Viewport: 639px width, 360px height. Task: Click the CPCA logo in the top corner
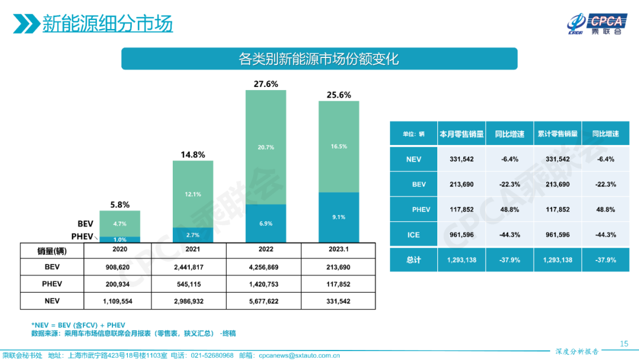coord(595,24)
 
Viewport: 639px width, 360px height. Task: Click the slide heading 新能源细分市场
coord(107,24)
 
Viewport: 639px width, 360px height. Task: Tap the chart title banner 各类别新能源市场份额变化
coord(319,59)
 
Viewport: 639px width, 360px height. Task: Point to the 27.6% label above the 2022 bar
coord(266,84)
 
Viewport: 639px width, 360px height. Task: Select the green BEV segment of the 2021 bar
coord(193,194)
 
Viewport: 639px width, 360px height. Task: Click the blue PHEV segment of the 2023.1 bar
coord(338,217)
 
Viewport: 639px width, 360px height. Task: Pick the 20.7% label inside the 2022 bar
coord(266,147)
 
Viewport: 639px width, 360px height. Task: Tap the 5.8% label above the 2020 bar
coord(120,205)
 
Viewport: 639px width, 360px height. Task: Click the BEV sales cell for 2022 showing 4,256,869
coord(266,267)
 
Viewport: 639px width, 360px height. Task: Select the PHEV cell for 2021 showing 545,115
coord(193,284)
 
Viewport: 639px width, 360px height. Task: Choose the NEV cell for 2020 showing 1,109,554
coord(120,301)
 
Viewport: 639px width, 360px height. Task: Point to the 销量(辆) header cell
coord(52,250)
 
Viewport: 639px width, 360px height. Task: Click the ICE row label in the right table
coord(414,235)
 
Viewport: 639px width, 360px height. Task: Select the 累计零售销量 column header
coord(557,134)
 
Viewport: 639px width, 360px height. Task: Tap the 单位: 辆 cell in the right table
coord(414,134)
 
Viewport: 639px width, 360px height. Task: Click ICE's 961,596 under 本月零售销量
coord(461,235)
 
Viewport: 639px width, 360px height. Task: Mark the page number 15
coord(624,343)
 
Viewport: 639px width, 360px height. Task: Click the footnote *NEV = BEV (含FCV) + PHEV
coord(78,325)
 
